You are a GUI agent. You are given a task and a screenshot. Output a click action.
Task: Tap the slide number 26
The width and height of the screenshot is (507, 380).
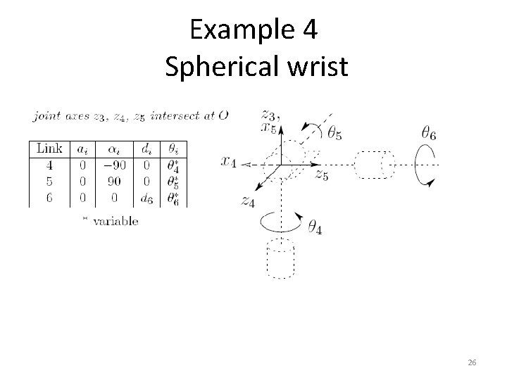[x=472, y=362]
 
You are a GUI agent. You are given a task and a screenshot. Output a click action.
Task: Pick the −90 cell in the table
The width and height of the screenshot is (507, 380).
[x=113, y=166]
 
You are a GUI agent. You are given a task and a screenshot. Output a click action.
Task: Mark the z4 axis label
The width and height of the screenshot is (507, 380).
[x=246, y=201]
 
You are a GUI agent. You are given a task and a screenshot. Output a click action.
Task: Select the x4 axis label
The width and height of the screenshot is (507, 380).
[x=230, y=161]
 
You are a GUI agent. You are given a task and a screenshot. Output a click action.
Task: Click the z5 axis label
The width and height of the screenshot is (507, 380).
[x=322, y=175]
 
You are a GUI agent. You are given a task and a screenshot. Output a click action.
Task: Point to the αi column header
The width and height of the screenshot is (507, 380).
[x=113, y=148]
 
